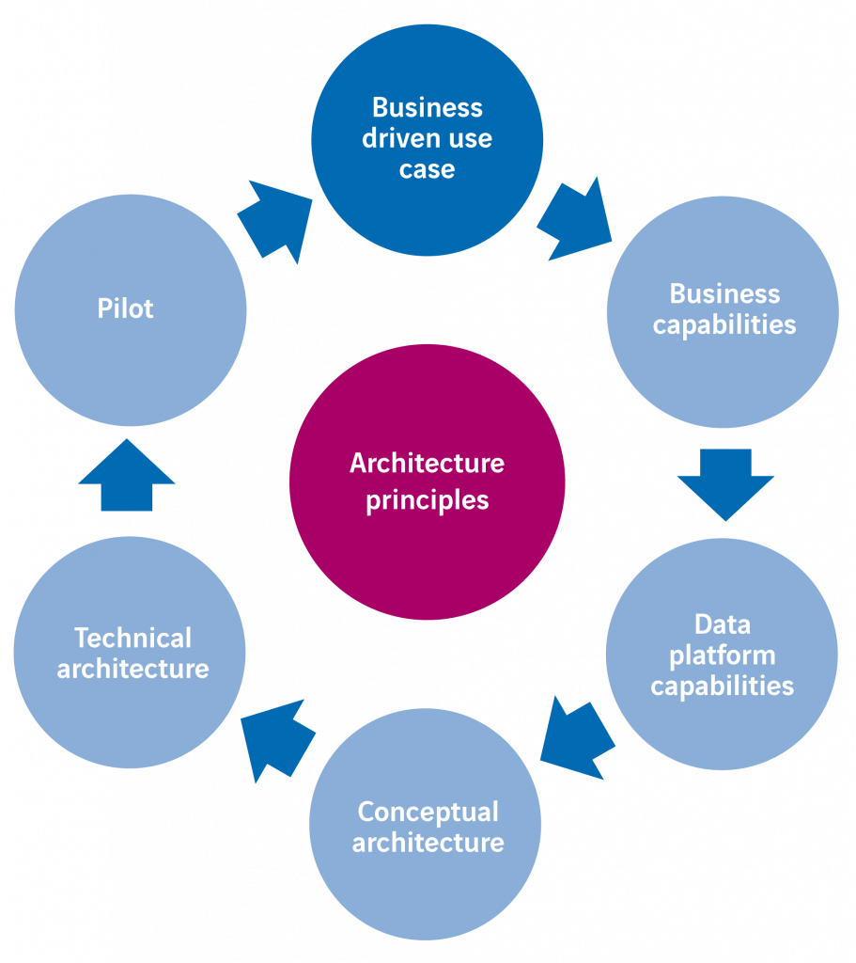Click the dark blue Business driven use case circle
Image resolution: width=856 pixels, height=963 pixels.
pos(428,139)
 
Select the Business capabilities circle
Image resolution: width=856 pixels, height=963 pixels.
pos(723,311)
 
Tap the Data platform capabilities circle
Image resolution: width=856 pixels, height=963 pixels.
pos(722,655)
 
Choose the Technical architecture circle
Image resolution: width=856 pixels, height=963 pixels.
pos(131,653)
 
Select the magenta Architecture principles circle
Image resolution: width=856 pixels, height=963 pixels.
pos(427,481)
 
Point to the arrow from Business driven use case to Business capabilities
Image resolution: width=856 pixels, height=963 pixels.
pos(574,219)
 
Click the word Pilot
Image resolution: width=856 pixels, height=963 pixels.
pos(125,308)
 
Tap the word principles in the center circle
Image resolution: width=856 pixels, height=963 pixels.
pos(428,499)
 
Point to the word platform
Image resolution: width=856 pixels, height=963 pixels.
pos(722,655)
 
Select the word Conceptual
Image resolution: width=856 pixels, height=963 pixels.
pos(428,811)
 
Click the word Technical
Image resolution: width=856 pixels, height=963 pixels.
pos(133,638)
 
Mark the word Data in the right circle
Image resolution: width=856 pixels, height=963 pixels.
pos(723,624)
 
